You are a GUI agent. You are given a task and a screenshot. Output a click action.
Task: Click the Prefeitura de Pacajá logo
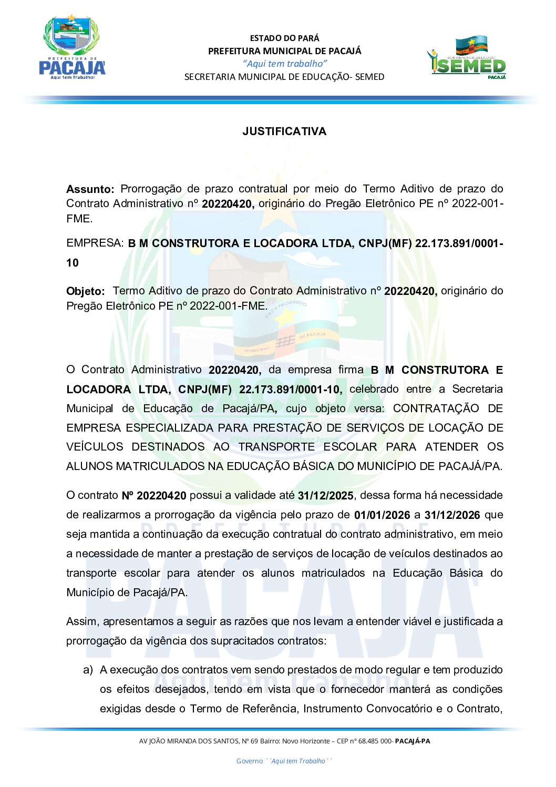(x=72, y=48)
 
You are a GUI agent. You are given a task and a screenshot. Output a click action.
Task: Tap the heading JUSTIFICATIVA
(x=284, y=131)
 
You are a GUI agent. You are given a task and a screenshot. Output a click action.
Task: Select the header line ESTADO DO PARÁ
(x=284, y=38)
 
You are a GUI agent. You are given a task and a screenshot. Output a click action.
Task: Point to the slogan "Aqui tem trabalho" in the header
(x=284, y=64)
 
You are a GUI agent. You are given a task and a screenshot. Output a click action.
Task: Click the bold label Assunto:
(x=90, y=189)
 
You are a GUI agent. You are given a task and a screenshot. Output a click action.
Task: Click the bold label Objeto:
(x=85, y=291)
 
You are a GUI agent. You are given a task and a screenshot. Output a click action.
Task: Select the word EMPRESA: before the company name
(x=95, y=243)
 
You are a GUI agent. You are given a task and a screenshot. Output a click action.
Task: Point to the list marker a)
(x=88, y=670)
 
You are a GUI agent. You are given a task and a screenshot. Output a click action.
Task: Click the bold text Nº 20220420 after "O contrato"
(x=154, y=496)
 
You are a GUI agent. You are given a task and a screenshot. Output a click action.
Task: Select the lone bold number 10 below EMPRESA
(x=73, y=263)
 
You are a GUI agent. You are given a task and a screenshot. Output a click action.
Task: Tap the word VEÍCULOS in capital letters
(x=95, y=447)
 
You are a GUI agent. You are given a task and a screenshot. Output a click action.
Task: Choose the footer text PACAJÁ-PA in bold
(x=412, y=741)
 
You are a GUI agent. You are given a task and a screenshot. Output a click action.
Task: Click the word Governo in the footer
(x=249, y=761)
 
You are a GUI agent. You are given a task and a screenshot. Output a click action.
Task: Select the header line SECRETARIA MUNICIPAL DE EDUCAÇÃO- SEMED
(x=284, y=77)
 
